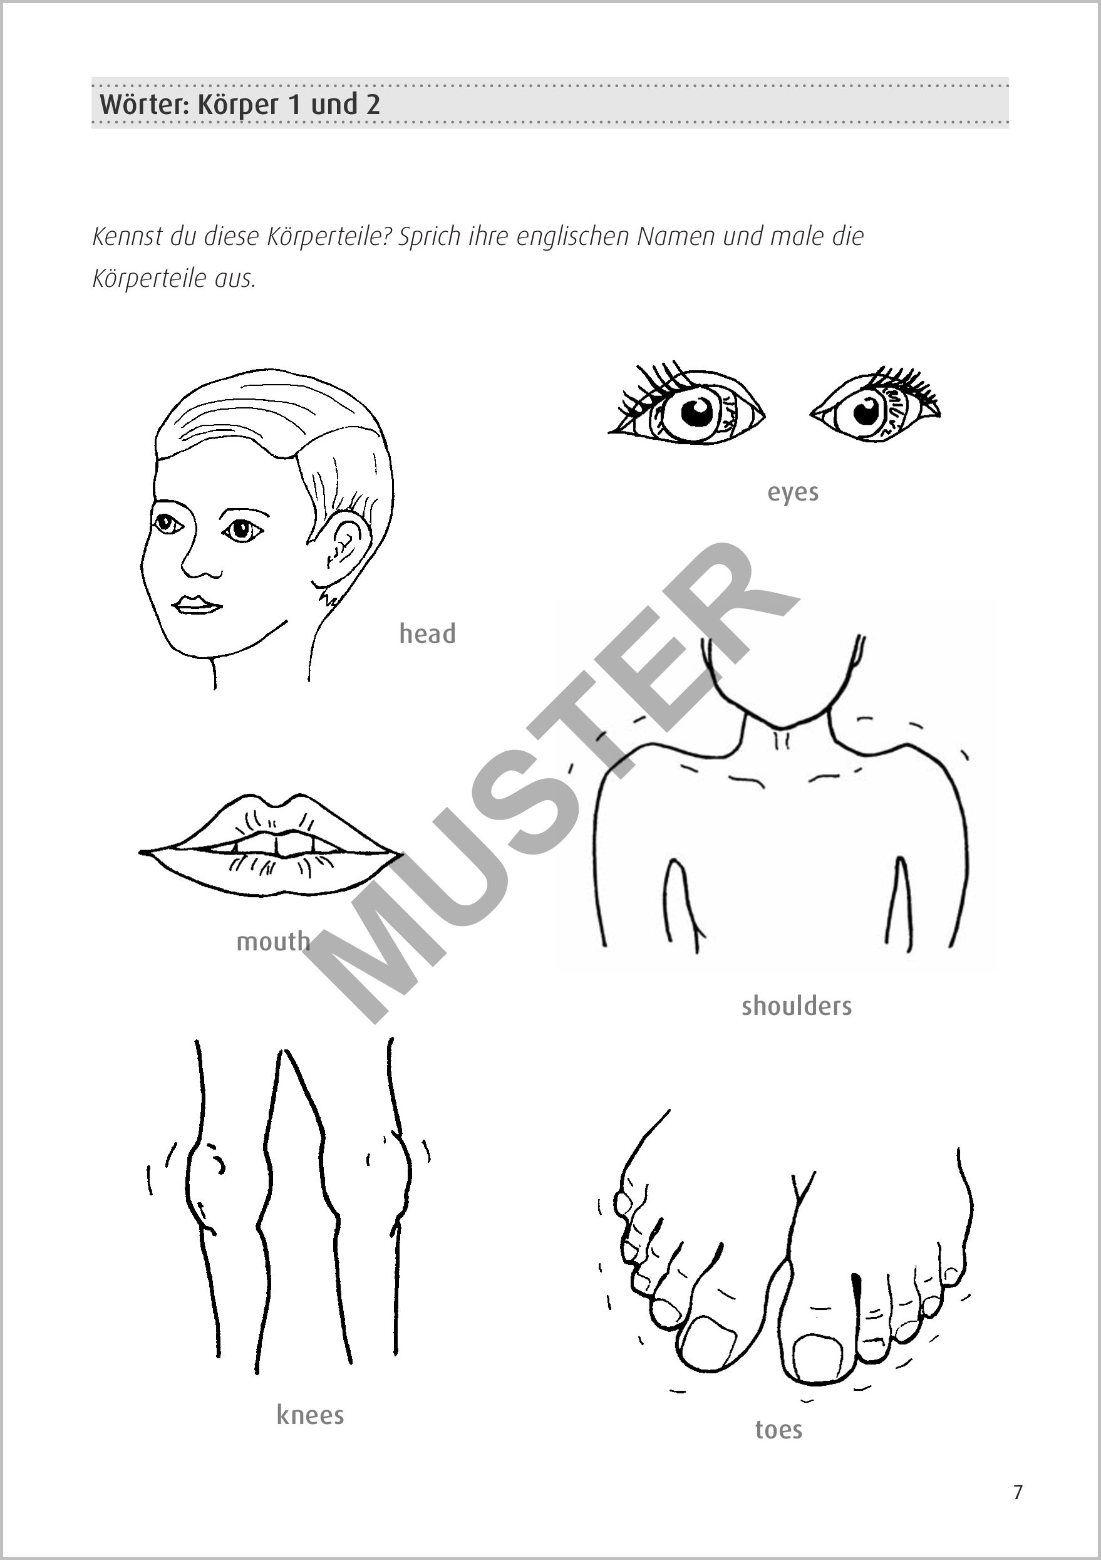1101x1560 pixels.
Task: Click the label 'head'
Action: pos(427,633)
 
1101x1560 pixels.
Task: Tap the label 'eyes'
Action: pos(793,492)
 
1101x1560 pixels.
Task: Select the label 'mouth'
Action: pos(273,941)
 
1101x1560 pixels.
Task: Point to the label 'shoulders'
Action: pos(797,1006)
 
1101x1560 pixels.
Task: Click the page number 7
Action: pos(1018,1493)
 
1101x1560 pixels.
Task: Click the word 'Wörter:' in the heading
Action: pos(145,105)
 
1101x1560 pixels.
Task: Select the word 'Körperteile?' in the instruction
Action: pos(329,236)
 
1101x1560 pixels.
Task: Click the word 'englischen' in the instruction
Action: pos(573,236)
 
